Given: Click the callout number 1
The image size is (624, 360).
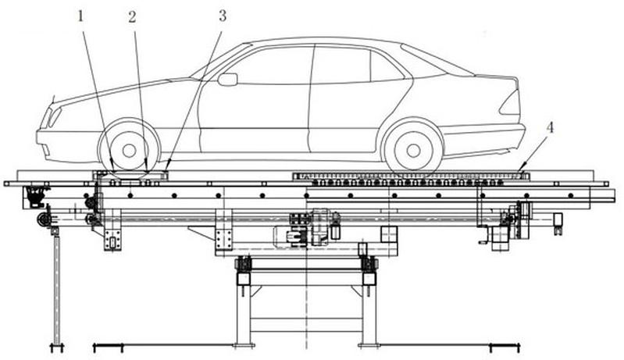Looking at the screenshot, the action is point(80,16).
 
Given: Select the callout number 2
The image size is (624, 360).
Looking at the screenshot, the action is point(132,16).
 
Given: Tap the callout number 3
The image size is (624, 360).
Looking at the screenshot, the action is point(223,16).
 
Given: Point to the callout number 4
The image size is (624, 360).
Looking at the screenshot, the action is point(550,128).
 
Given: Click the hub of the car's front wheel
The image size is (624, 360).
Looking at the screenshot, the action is point(129,151).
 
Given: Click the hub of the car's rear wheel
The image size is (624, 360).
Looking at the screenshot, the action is point(413,151).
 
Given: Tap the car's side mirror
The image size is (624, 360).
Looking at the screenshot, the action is point(227,79).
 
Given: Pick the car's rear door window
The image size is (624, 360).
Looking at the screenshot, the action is point(342,64).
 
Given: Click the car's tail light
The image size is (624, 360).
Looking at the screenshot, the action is point(511,102).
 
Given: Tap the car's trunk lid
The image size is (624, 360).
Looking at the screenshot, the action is point(495,76).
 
